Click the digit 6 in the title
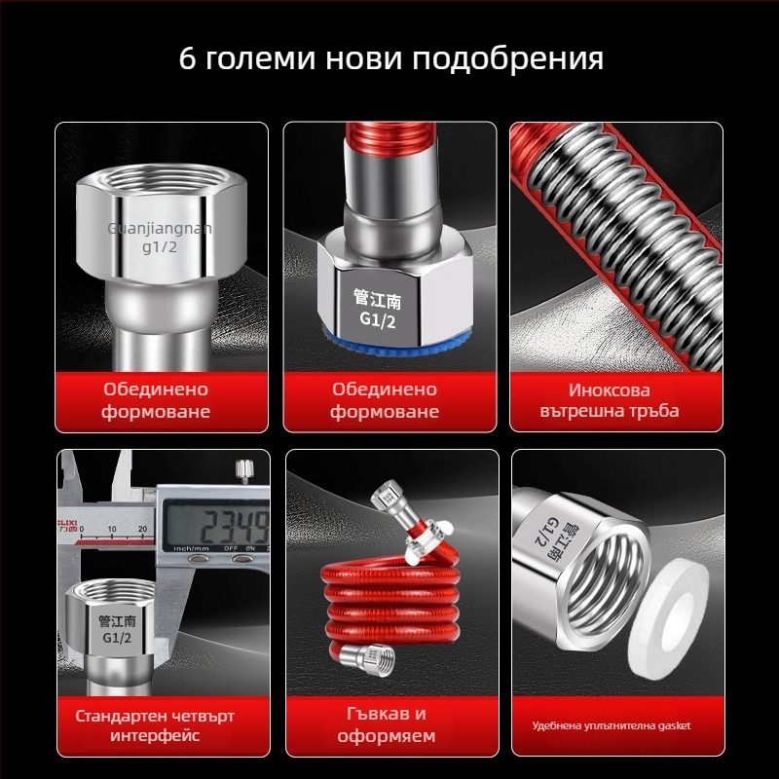[188, 57]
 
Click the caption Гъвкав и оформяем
[387, 725]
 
